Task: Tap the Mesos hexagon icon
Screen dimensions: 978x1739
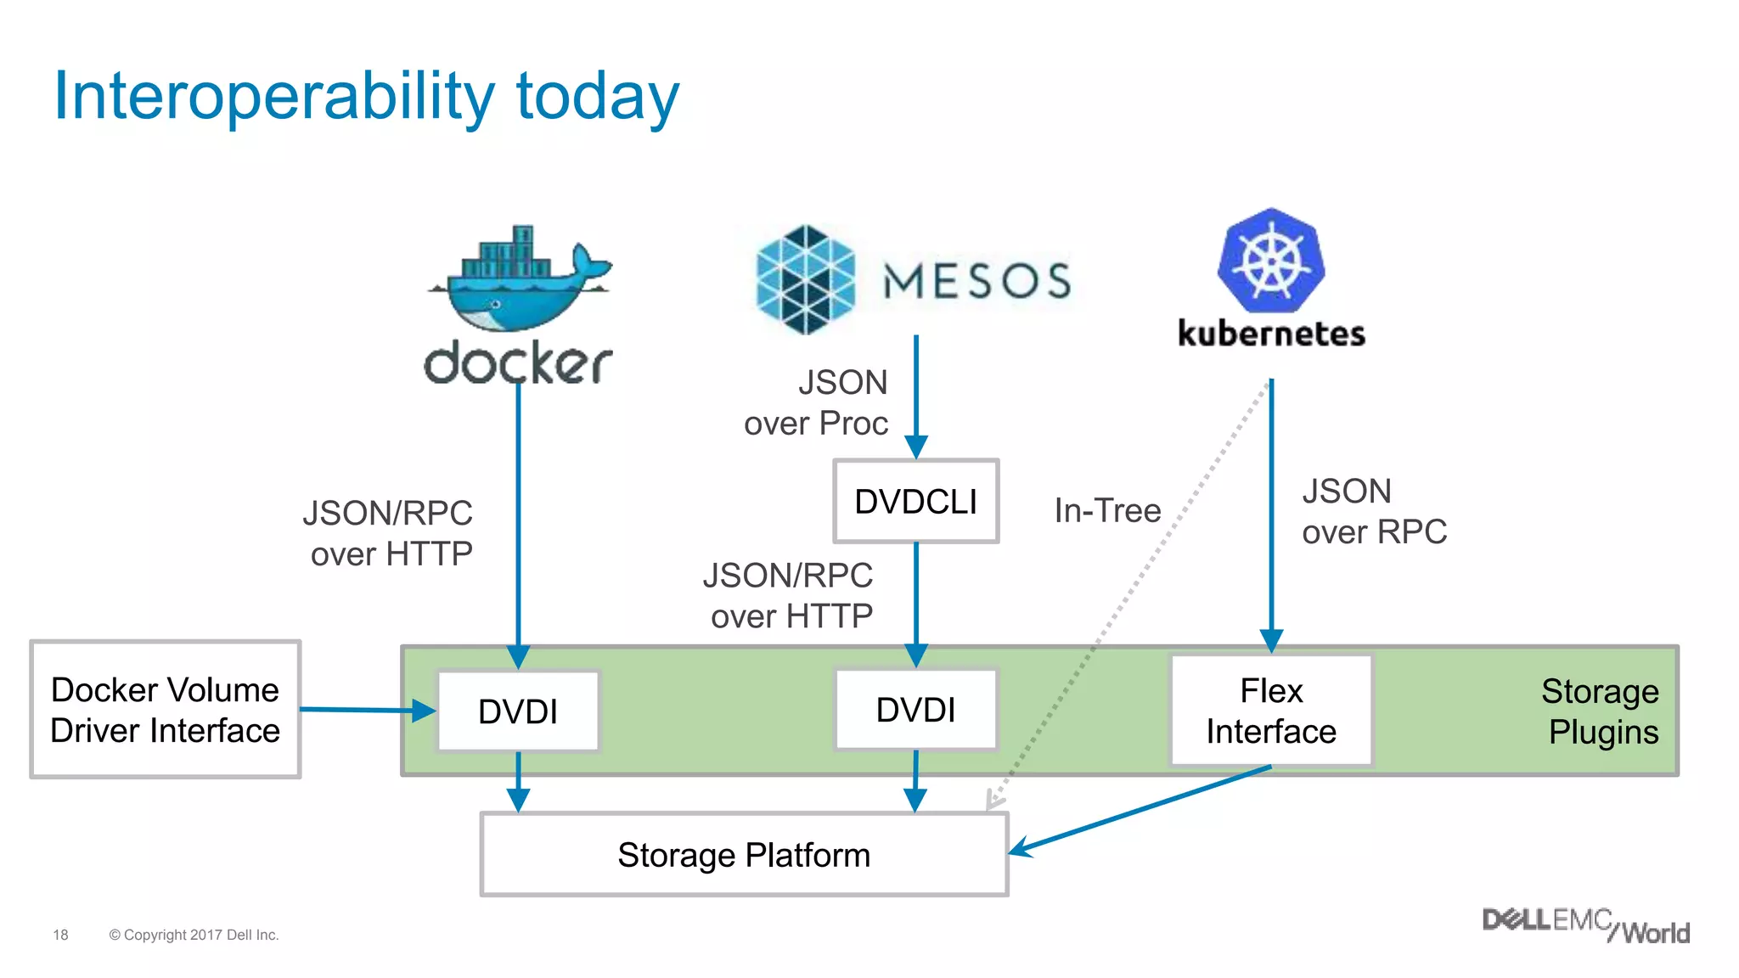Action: click(x=805, y=279)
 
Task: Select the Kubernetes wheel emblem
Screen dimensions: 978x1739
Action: click(x=1270, y=261)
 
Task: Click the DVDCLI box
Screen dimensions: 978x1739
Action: click(x=915, y=501)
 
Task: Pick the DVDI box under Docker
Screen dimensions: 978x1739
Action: click(x=518, y=711)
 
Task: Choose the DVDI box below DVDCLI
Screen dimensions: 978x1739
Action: click(x=915, y=710)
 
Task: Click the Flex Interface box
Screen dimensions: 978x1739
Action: click(x=1271, y=711)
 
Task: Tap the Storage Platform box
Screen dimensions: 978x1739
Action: click(x=744, y=855)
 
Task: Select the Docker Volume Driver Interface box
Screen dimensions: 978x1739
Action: click(x=166, y=710)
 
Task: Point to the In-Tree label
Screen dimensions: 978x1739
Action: click(x=1107, y=510)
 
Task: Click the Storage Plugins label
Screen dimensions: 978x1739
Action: click(x=1601, y=711)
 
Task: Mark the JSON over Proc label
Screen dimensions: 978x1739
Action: click(x=817, y=402)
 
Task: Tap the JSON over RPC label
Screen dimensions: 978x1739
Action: click(x=1374, y=511)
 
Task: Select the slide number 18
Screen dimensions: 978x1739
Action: click(x=60, y=935)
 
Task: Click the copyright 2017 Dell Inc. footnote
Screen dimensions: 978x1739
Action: click(x=194, y=935)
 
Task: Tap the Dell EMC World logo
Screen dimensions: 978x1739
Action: click(x=1585, y=925)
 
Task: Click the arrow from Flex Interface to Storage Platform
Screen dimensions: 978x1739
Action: click(x=1138, y=810)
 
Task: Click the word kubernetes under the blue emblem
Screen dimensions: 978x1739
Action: click(x=1271, y=334)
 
